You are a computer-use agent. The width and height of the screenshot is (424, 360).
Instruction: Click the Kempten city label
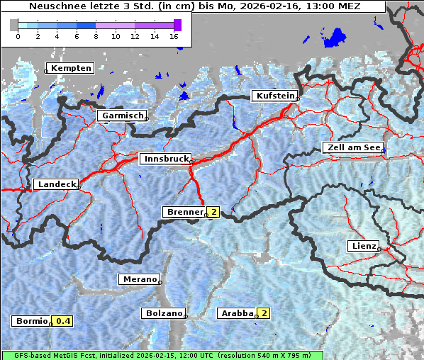tap(71, 68)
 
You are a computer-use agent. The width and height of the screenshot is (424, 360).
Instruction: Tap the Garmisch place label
tap(123, 116)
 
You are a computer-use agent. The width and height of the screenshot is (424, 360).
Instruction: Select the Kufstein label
tap(274, 96)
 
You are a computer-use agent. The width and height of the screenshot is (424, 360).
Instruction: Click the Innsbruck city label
tap(165, 159)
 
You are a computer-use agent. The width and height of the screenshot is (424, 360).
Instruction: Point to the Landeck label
tap(56, 184)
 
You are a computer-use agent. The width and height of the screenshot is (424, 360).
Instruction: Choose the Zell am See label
tap(352, 148)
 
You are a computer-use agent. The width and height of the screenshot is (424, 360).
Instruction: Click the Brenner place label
tap(184, 212)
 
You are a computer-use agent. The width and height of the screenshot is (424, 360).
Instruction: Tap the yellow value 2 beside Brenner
tap(213, 212)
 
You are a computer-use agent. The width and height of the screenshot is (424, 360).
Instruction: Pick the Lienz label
tap(363, 246)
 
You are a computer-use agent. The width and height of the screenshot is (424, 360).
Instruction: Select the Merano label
tap(139, 279)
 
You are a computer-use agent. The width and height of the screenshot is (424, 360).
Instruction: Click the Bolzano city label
tap(164, 313)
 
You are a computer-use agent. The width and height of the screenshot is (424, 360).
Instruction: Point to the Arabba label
tap(236, 313)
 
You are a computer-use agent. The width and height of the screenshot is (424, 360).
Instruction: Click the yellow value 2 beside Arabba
tap(264, 313)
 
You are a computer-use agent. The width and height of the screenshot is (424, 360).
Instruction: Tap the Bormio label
tap(32, 321)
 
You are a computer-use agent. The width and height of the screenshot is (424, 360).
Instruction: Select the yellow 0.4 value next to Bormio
tap(64, 321)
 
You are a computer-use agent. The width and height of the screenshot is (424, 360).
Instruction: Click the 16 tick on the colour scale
tap(174, 35)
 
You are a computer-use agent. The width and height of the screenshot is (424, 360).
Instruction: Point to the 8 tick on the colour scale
tap(96, 35)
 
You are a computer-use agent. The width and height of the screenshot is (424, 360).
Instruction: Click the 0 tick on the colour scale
tap(18, 35)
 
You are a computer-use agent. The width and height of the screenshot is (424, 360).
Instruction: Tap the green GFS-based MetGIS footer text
tap(162, 355)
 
